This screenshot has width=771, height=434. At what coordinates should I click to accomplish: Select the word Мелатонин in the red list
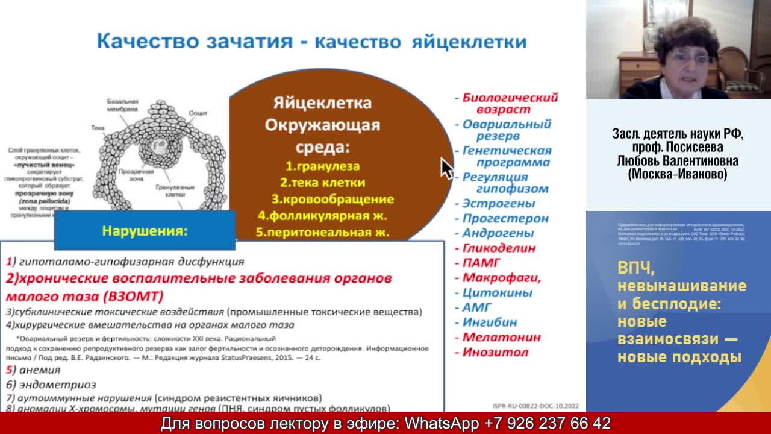click(x=501, y=337)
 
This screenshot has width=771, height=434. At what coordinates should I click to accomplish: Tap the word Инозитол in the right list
click(x=495, y=352)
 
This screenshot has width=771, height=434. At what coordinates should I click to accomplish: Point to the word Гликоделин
click(x=499, y=248)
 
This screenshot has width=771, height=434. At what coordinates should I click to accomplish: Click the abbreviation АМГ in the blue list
click(x=476, y=307)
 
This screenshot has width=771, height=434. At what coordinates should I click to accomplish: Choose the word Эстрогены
click(x=498, y=204)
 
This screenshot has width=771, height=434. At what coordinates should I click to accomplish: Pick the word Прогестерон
click(x=505, y=218)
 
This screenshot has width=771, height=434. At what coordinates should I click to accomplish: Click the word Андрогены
click(x=498, y=233)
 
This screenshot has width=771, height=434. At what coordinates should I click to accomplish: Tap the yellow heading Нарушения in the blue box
click(x=145, y=231)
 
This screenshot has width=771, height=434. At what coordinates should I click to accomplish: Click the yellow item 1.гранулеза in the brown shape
click(x=322, y=166)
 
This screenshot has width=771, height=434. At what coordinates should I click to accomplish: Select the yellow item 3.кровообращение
click(x=332, y=199)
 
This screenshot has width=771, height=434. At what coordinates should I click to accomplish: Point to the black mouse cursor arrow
click(x=446, y=169)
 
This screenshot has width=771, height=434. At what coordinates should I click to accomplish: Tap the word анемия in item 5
click(x=40, y=370)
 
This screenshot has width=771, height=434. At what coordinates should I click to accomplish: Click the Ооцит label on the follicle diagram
click(x=198, y=113)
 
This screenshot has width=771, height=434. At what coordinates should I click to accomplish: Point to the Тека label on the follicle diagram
click(x=98, y=128)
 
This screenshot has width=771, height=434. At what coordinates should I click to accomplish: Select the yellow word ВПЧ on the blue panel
click(x=635, y=268)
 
